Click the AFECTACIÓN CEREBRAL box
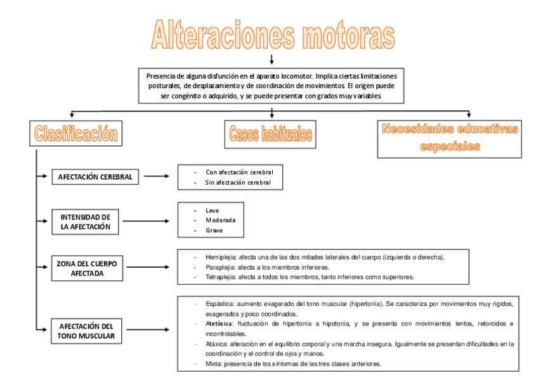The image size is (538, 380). coord(95,177)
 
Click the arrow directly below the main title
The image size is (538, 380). coord(272,60)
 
